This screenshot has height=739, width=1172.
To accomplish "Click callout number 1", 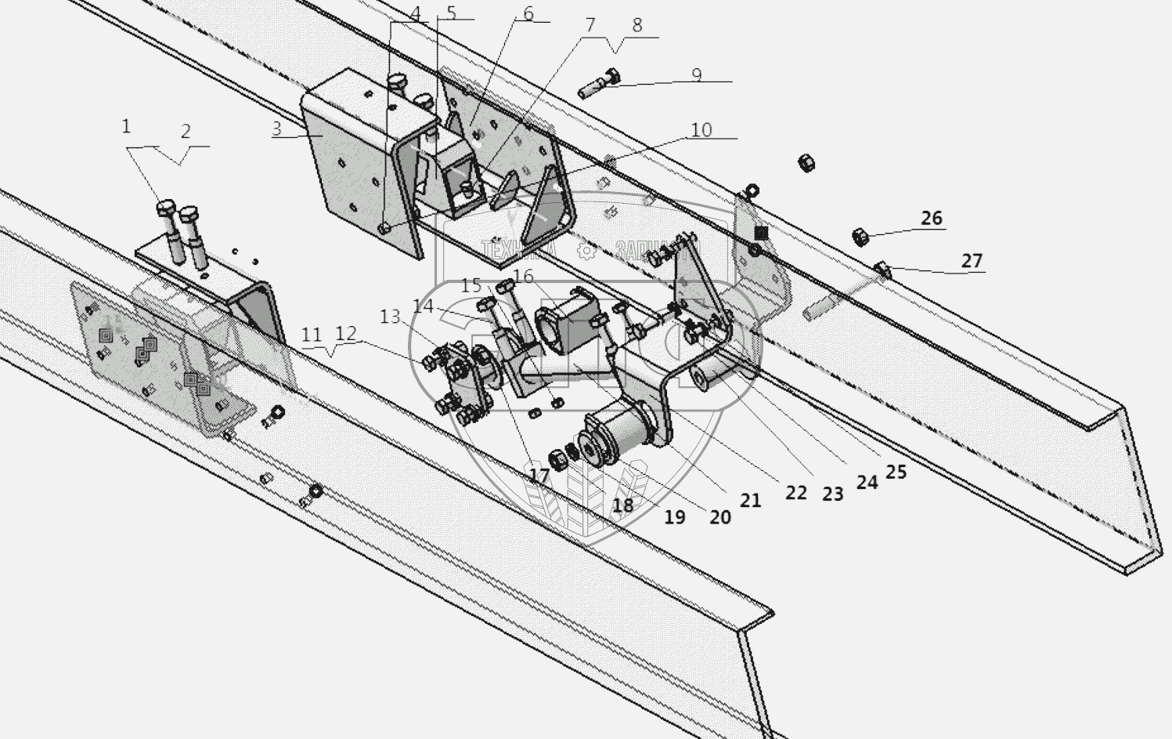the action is point(126,125).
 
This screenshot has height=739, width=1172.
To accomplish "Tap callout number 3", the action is point(277,128).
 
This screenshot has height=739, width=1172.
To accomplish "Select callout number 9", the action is point(696,75).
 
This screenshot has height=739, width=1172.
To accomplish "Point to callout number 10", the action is point(701,130).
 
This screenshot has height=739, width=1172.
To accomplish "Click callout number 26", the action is point(931,218).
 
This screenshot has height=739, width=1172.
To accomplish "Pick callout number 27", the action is point(971,260).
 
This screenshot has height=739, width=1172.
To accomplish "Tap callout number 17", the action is point(539,476).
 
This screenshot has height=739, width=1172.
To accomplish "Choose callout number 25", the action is point(896,472).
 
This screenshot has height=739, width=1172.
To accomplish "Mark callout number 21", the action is point(750,499).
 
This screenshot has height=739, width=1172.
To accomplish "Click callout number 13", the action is point(390,316).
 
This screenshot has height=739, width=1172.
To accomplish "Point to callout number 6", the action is point(528,14).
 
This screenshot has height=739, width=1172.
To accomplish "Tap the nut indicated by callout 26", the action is point(859,235).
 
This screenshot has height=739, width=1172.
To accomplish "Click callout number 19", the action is point(674,516).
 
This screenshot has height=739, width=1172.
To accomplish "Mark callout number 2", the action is point(186,131).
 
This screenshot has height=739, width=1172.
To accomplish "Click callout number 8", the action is point(636,25).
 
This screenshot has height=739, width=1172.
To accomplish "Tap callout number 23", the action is point(832,494).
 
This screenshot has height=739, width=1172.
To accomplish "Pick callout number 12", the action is point(345,333).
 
